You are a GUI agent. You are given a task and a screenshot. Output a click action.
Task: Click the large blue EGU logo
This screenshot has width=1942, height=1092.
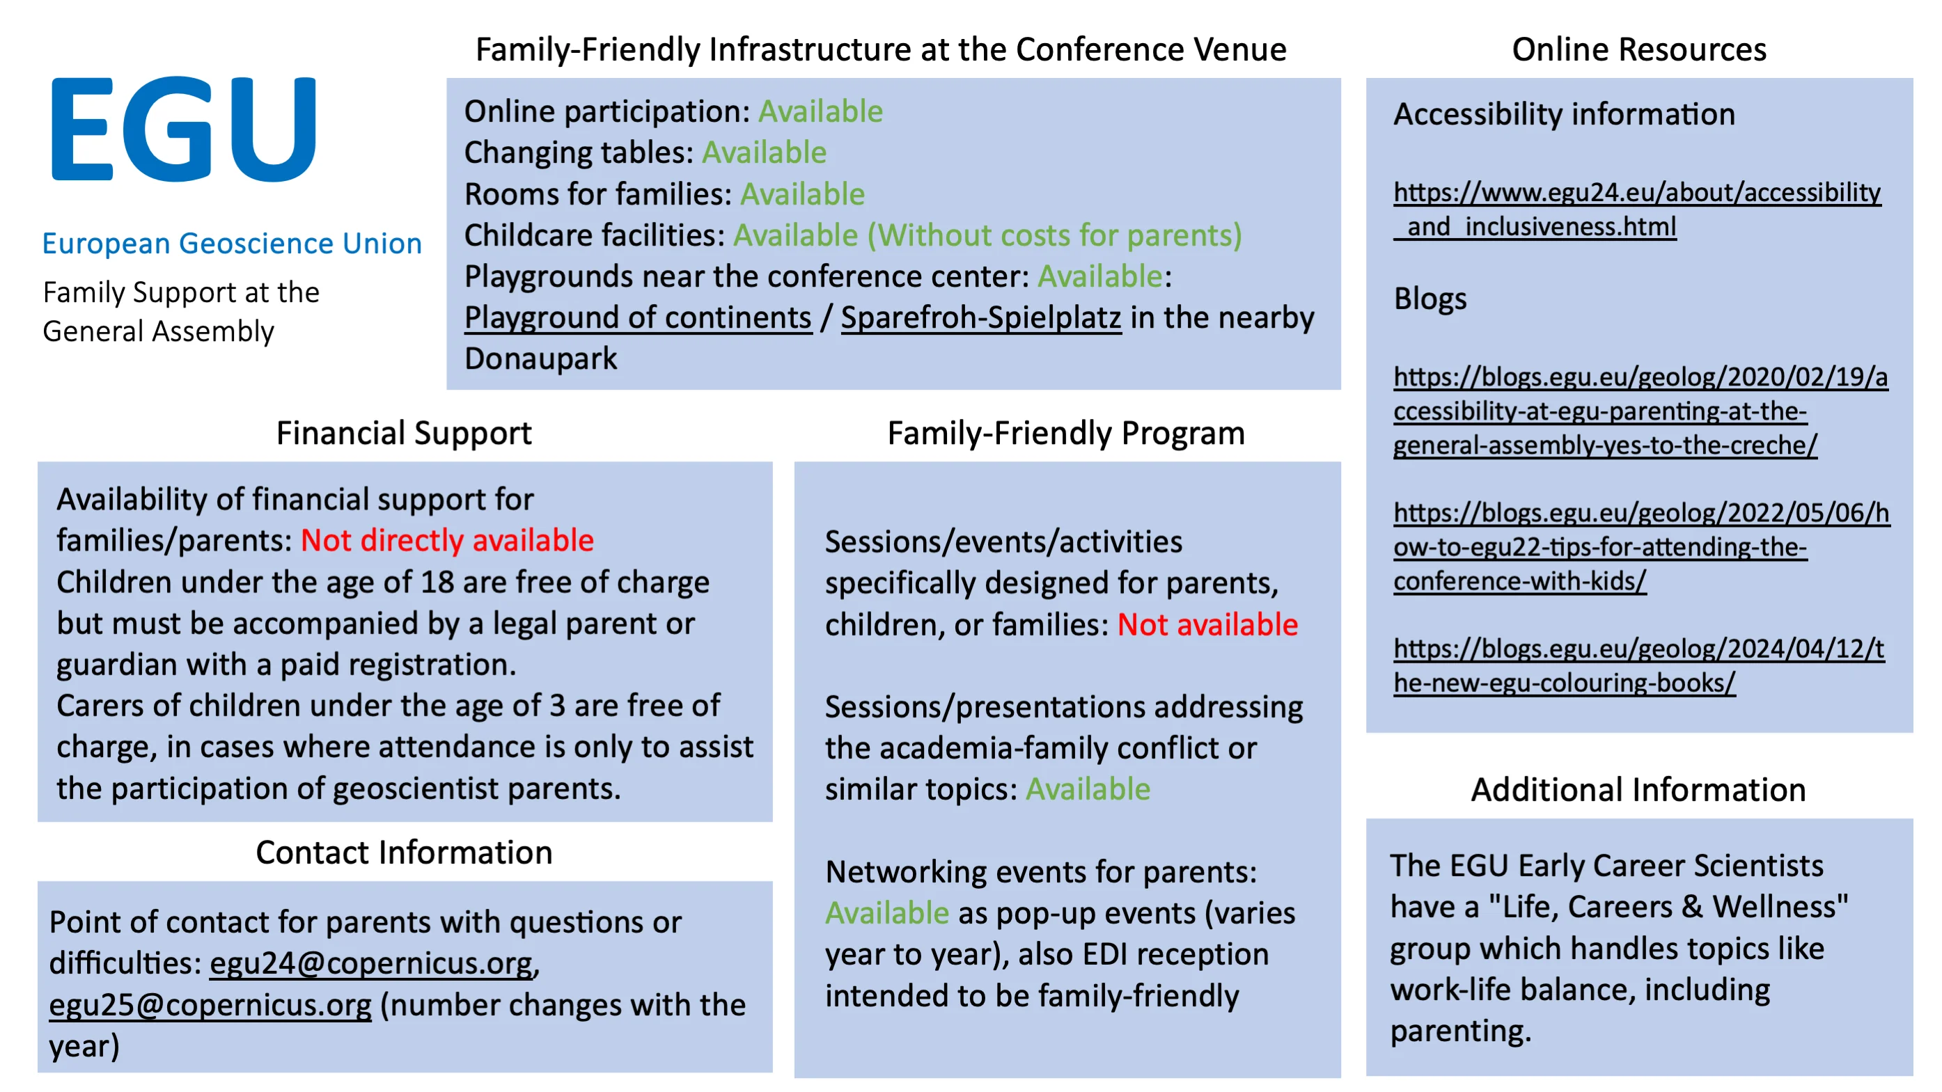click(x=183, y=129)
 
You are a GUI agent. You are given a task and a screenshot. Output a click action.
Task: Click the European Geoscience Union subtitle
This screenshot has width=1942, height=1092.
click(x=231, y=244)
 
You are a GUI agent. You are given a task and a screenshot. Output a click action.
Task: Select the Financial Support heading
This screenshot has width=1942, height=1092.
click(x=403, y=434)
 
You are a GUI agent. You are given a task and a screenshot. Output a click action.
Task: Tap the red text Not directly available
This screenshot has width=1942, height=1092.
click(x=447, y=541)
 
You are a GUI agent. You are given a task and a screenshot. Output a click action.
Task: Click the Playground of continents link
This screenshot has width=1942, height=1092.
click(x=638, y=317)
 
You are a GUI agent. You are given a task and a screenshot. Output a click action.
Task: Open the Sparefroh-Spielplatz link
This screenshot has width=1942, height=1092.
click(x=981, y=317)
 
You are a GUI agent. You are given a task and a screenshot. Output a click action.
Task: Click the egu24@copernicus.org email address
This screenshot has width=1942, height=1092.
click(x=371, y=963)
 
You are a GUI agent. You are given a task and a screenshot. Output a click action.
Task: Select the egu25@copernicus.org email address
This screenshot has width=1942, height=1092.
click(x=210, y=1004)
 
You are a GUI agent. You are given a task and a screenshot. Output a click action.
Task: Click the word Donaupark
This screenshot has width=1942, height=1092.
click(x=540, y=358)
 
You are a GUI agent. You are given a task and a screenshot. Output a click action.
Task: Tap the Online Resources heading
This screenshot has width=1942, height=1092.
click(x=1638, y=49)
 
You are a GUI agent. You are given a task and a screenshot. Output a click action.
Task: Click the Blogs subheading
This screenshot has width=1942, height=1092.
click(x=1430, y=299)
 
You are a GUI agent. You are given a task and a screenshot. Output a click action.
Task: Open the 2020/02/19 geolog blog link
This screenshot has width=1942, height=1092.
click(x=1640, y=411)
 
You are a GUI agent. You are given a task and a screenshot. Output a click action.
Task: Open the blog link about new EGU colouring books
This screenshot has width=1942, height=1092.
click(x=1638, y=665)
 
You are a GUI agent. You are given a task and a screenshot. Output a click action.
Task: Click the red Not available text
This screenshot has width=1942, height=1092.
click(x=1207, y=625)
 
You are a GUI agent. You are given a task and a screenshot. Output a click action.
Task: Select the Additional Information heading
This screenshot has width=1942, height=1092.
click(x=1638, y=790)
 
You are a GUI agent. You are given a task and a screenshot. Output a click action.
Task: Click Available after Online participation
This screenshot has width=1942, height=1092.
click(x=820, y=111)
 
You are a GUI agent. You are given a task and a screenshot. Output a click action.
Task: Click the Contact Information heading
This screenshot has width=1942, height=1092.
click(x=404, y=853)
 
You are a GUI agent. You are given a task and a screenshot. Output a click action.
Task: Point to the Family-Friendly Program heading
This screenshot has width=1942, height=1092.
click(x=1065, y=434)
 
